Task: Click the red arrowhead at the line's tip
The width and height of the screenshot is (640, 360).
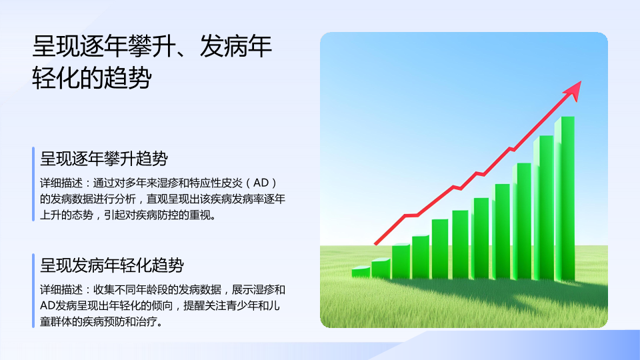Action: click(x=574, y=91)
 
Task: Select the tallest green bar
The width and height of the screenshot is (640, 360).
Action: click(x=565, y=199)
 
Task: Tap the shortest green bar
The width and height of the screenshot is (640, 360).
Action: click(x=361, y=272)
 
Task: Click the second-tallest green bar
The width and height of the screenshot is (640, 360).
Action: click(x=544, y=208)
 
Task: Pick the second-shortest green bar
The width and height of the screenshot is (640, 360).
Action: click(x=381, y=269)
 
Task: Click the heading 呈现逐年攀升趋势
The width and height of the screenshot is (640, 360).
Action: click(x=104, y=159)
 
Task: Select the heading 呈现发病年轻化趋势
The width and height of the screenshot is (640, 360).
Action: click(x=112, y=265)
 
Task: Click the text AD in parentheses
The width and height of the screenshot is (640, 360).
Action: click(x=261, y=183)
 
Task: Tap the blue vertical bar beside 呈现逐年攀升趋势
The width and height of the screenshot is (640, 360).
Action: click(x=33, y=184)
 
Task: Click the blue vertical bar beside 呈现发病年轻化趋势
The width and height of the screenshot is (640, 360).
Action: click(x=33, y=291)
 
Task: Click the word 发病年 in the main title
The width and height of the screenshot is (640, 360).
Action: click(x=235, y=46)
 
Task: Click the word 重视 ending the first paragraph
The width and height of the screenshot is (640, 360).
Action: click(x=199, y=215)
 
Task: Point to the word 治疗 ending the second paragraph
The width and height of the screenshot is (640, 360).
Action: click(x=147, y=321)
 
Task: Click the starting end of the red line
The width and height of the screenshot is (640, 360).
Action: click(x=375, y=244)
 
